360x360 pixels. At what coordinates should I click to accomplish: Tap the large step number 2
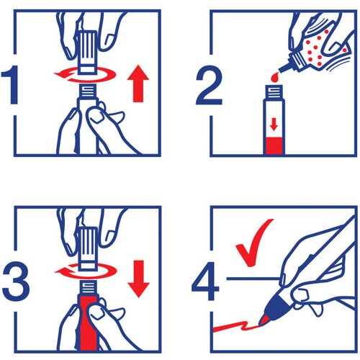[209, 85]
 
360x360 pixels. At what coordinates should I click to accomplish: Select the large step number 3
[16, 281]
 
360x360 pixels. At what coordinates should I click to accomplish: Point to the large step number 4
[205, 281]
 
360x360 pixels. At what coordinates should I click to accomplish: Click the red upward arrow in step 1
[138, 84]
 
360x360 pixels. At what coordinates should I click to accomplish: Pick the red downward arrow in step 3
[138, 279]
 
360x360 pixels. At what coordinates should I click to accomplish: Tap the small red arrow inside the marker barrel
[274, 125]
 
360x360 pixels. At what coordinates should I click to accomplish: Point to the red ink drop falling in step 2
[274, 77]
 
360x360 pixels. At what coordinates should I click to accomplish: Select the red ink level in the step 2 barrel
[274, 146]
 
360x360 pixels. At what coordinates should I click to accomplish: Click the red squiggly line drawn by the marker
[236, 326]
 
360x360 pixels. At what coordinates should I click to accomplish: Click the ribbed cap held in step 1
[88, 52]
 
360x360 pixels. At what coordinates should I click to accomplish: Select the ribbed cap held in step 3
[88, 248]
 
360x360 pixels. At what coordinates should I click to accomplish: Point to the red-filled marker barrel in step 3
[88, 323]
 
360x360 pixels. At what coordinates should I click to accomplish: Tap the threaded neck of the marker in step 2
[274, 93]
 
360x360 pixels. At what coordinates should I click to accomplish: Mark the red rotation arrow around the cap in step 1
[85, 74]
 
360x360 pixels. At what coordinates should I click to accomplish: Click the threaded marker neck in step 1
[88, 91]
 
